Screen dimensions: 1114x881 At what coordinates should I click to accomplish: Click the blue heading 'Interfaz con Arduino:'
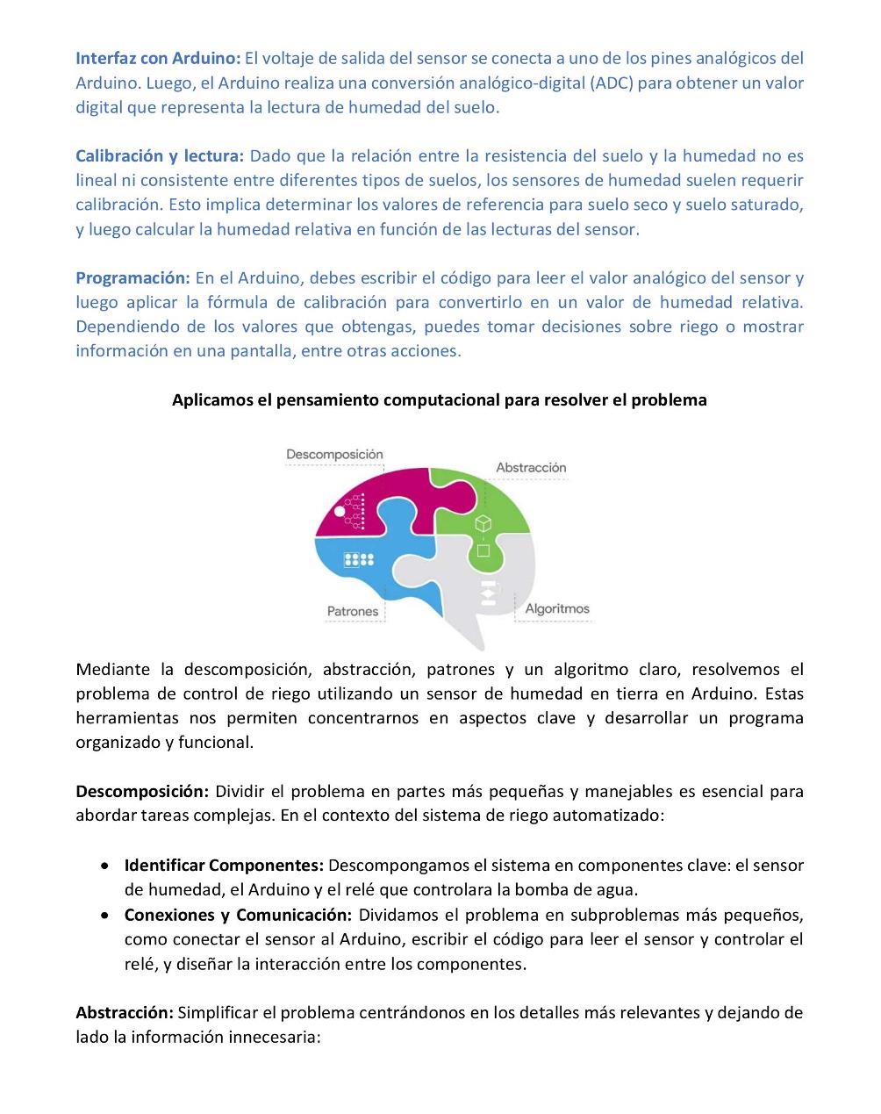pos(158,59)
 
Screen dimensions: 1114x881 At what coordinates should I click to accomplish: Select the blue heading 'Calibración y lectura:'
pos(159,156)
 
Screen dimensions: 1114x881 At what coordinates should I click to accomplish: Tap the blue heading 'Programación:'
pos(133,278)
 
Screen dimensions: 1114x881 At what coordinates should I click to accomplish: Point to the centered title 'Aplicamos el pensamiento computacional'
pos(439,400)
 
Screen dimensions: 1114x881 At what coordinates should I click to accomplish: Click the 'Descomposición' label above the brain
pos(334,455)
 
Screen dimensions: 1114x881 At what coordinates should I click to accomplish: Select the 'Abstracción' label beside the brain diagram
pos(531,468)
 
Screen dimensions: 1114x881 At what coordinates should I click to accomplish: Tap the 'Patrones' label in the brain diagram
pos(352,611)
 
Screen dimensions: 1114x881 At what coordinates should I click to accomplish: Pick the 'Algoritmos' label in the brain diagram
pos(557,608)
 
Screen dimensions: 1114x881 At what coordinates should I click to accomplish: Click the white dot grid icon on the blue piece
pos(358,558)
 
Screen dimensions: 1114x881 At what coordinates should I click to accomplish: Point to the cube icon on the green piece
pos(483,524)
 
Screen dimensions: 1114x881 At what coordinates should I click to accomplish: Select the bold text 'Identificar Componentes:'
pos(224,866)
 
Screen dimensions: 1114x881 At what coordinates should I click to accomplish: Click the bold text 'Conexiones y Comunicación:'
pos(238,915)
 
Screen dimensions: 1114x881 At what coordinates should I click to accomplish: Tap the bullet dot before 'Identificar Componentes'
pos(105,866)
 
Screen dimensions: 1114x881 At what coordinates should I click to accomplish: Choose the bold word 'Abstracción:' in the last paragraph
pos(125,1013)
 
